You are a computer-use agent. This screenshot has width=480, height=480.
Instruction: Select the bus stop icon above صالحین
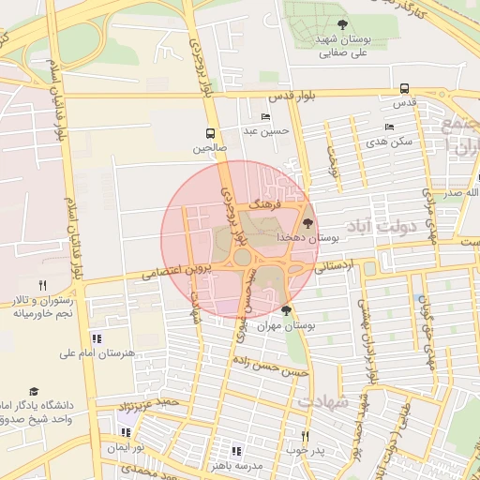pos(210,133)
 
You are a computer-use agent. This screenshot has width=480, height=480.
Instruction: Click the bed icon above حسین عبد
pos(265,116)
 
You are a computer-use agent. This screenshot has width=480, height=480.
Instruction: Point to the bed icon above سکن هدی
pos(389,127)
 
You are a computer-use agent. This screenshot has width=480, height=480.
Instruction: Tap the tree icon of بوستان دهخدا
pos(308,223)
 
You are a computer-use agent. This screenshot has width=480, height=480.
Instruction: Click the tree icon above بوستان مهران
pos(286,310)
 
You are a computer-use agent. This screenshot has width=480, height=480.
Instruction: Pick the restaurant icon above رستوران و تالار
pos(41,285)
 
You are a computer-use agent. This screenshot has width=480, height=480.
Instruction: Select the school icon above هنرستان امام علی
pos(97,338)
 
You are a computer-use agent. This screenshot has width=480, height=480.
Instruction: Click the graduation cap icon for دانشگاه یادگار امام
pos(34,391)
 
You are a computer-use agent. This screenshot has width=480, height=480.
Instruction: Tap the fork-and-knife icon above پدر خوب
pos(304,436)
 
